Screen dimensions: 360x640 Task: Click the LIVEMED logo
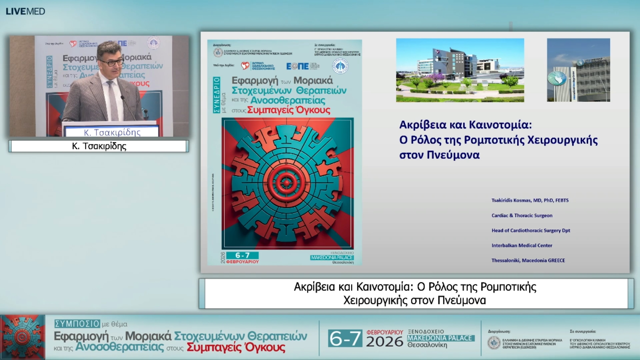click(25, 11)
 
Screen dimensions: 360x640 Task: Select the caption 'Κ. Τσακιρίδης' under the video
click(99, 146)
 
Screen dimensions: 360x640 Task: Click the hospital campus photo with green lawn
click(460, 70)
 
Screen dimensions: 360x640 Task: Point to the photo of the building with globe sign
click(578, 70)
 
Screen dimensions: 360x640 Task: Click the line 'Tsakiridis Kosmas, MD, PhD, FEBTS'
click(530, 200)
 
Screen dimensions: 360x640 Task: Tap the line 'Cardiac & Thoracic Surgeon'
click(522, 215)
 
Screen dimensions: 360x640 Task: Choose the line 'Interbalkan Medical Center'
click(522, 245)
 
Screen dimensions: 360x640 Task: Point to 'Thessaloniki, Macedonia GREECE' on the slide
click(528, 260)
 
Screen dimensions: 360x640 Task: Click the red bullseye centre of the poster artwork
click(286, 183)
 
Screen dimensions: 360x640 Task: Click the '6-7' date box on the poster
click(242, 255)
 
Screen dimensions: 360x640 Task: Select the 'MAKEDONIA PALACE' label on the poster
click(332, 257)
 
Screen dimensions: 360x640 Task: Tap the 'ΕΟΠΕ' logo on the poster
click(298, 66)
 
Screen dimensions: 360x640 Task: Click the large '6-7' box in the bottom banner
click(345, 338)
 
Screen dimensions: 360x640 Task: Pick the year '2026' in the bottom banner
click(385, 342)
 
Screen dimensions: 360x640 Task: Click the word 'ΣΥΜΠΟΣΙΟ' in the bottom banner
click(77, 324)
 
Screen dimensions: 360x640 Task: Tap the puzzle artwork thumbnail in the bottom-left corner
click(23, 337)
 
